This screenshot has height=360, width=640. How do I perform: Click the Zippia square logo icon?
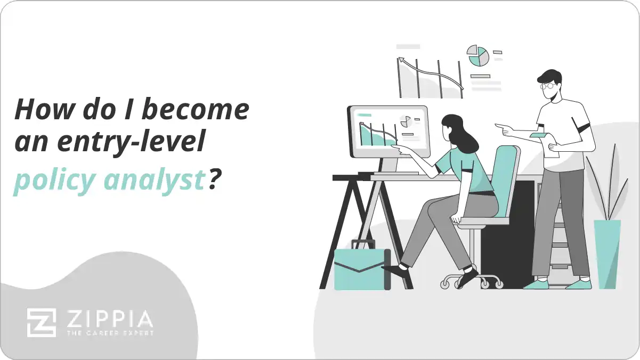pos(41,322)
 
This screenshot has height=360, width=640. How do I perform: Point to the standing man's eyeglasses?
pos(547,85)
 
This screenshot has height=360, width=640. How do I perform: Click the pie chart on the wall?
pos(478,55)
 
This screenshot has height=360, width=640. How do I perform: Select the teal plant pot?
pos(607,253)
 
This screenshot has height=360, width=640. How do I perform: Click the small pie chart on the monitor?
pos(406,121)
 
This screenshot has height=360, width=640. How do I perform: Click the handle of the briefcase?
pos(362,244)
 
